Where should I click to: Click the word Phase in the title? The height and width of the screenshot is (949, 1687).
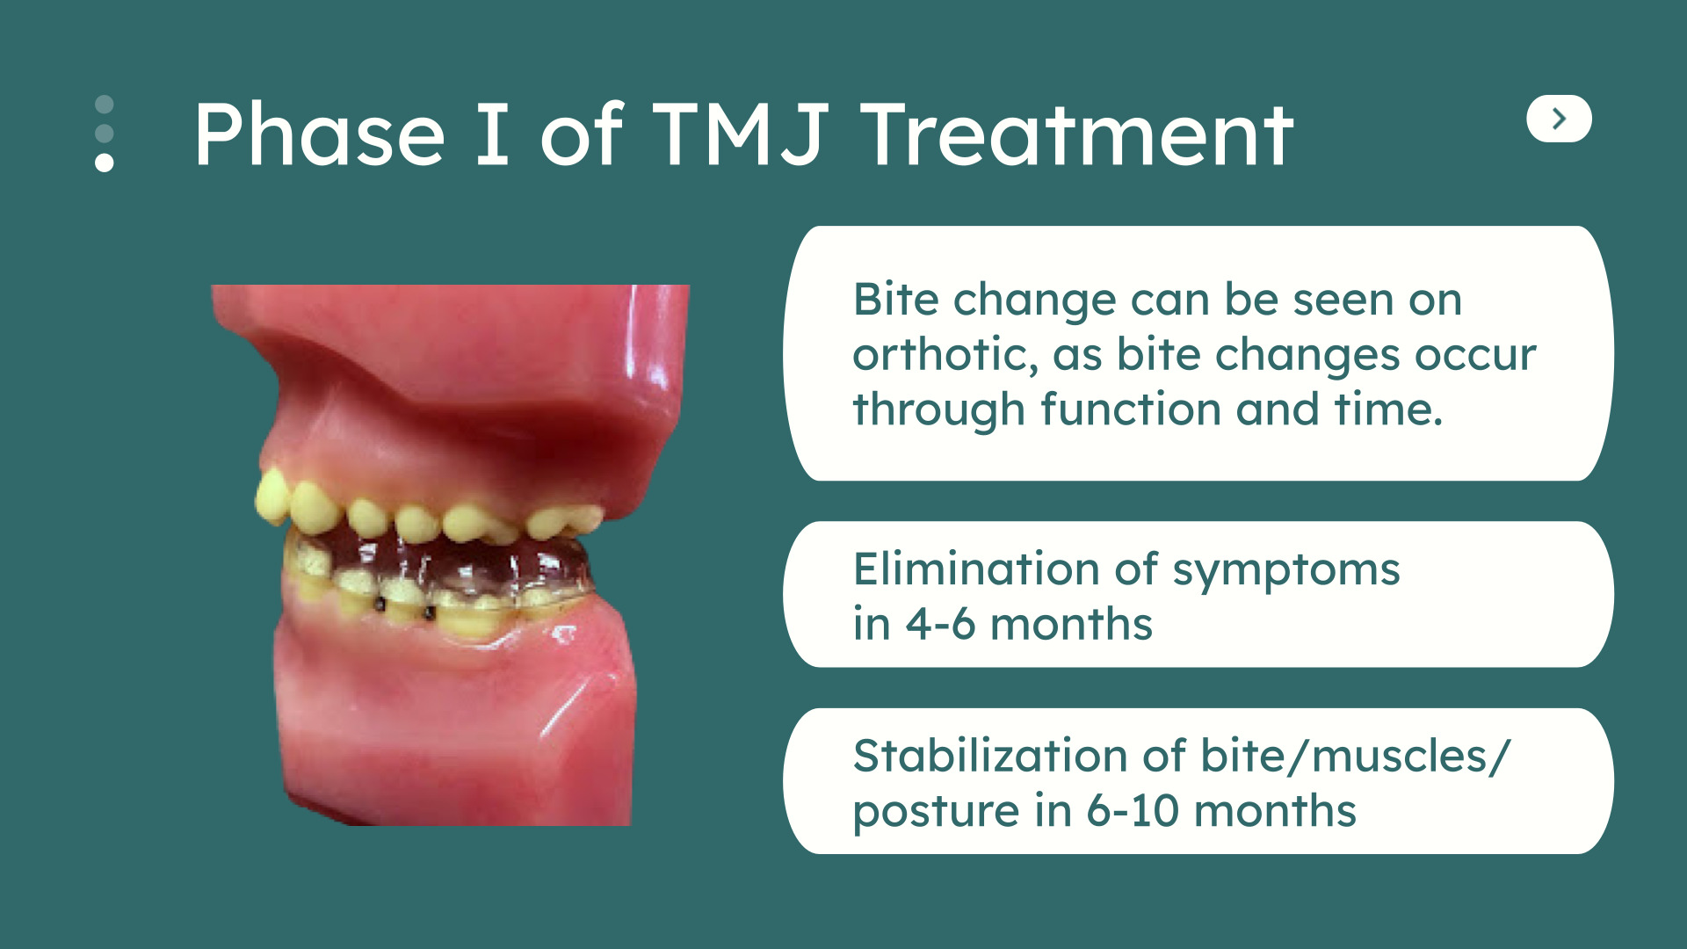point(320,134)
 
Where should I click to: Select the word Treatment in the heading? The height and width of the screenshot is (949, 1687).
point(1076,134)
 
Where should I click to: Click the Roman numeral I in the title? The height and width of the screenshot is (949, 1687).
point(492,134)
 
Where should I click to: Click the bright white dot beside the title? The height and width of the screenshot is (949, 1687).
point(105,162)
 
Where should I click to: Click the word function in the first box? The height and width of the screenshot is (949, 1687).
point(1129,409)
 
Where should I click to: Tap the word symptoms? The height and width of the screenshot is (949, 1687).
point(1286,572)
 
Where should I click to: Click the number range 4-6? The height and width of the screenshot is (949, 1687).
point(940,625)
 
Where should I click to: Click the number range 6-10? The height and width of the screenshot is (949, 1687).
point(1133,810)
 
